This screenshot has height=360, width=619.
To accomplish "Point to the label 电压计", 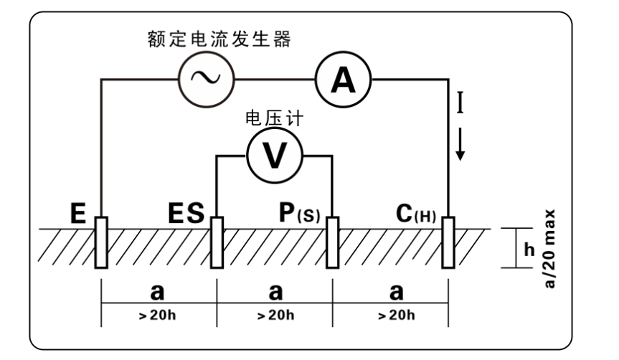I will (x=273, y=118).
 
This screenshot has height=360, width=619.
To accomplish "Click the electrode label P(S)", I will (x=299, y=214).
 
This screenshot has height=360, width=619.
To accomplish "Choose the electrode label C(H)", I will (x=415, y=214).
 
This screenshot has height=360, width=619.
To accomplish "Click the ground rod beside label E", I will (x=100, y=242).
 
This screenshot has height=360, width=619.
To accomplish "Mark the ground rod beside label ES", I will (x=217, y=242).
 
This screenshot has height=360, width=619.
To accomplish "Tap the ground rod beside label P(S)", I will (x=333, y=242).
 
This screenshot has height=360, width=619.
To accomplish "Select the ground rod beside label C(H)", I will (x=449, y=242).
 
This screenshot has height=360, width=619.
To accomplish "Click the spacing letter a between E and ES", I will (x=158, y=293).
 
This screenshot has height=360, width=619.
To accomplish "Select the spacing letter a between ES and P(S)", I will (x=275, y=293).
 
